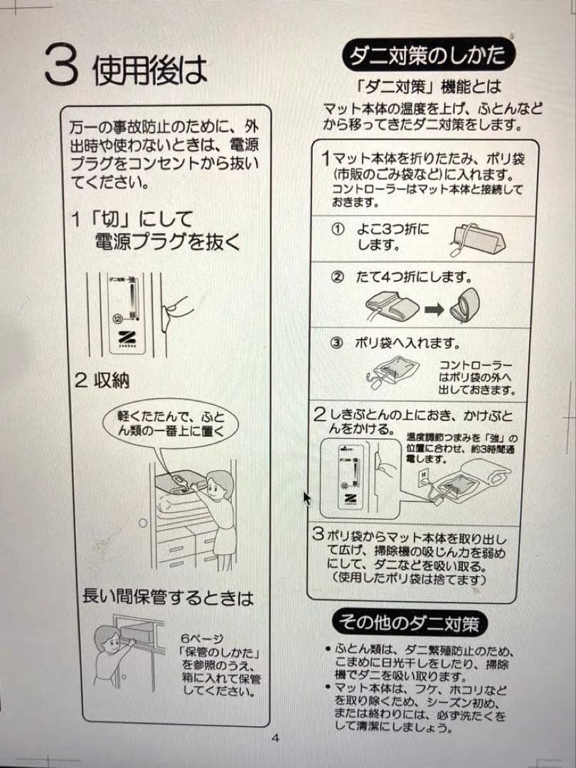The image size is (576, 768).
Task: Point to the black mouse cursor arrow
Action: [x=307, y=497]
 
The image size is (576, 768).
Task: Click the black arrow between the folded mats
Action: [x=434, y=309]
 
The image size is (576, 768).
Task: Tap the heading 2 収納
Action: [x=102, y=380]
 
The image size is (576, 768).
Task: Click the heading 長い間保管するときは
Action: [x=168, y=597]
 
